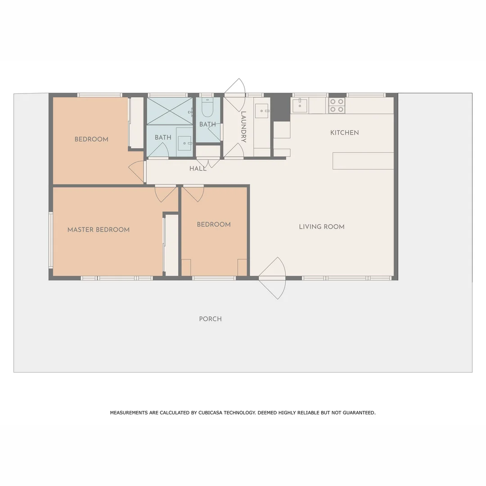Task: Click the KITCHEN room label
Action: (344, 133)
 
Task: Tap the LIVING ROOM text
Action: (321, 227)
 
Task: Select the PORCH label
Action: (210, 319)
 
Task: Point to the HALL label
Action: (198, 169)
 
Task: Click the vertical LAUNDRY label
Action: (243, 126)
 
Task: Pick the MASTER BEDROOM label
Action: (98, 229)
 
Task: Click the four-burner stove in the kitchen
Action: (337, 105)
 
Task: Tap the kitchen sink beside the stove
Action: (300, 105)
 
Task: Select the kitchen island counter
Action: (363, 161)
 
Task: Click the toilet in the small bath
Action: (207, 108)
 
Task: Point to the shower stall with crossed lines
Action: (170, 111)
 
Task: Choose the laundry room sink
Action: (261, 111)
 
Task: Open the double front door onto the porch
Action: (273, 278)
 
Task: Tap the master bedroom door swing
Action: (165, 193)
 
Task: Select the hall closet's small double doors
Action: (208, 162)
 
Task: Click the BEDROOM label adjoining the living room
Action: (213, 225)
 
